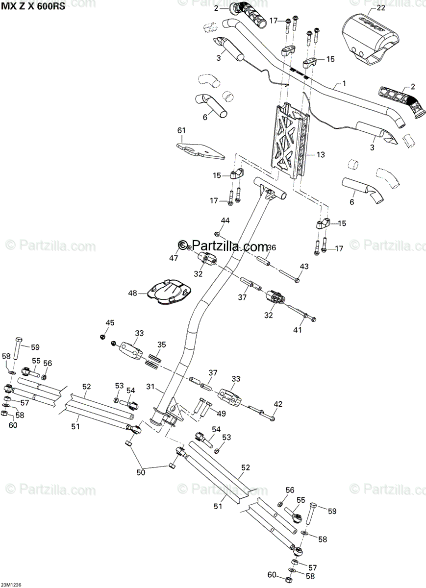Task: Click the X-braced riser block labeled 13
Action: (289, 140)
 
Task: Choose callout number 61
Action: (182, 130)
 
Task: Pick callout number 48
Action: (132, 293)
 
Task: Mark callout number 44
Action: (225, 221)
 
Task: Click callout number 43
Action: (304, 266)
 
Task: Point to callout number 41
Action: (298, 330)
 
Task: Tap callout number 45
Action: (110, 322)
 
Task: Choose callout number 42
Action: (278, 404)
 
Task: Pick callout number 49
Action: (221, 414)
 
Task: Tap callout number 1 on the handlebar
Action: (344, 83)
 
